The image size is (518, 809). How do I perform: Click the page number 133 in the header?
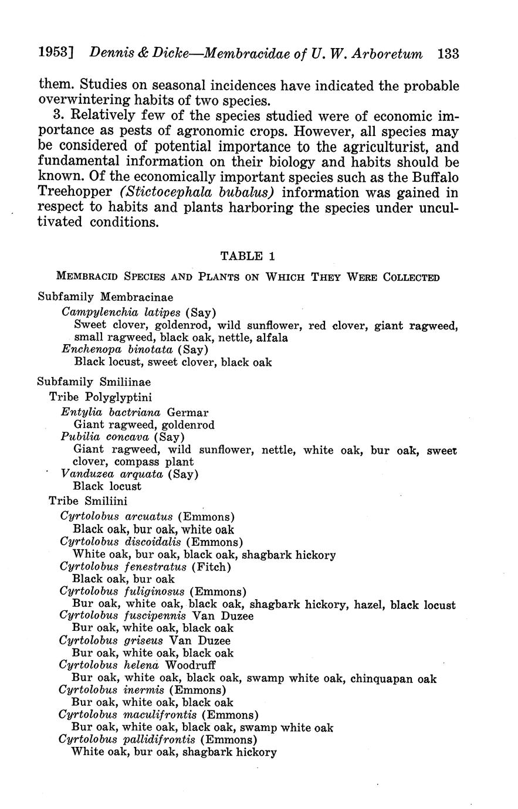pos(448,54)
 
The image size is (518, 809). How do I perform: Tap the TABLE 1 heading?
pos(247,256)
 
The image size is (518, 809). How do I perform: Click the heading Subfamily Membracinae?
pos(105,297)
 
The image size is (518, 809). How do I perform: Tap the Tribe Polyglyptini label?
pos(100,397)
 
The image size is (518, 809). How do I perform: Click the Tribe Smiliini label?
pos(88,501)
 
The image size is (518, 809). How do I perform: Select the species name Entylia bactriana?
pos(110,412)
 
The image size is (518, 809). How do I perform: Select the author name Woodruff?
pos(191,665)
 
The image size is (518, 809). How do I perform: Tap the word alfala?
pos(271,337)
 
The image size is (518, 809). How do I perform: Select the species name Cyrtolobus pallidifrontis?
pos(126,740)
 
